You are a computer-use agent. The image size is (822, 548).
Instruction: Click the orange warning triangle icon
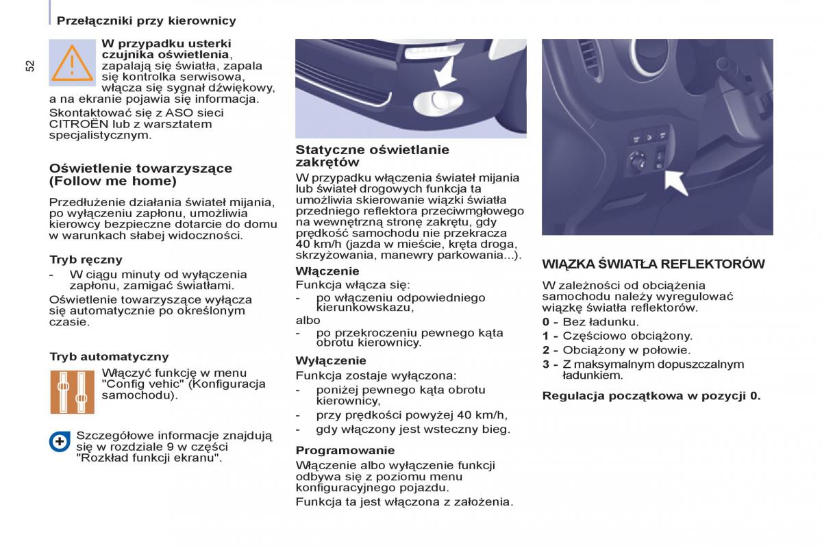[x=72, y=63]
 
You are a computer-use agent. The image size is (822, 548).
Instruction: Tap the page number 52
[x=29, y=65]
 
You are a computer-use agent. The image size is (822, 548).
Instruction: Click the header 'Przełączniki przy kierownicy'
[x=146, y=21]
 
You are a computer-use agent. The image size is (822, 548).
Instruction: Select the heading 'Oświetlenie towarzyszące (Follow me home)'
[x=140, y=175]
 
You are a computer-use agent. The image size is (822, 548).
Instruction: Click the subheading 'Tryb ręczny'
[x=86, y=260]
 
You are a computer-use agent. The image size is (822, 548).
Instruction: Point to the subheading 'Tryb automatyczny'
[x=109, y=356]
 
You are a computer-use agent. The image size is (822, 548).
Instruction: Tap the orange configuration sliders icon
[x=72, y=391]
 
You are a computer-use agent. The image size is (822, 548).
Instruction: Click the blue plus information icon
[x=60, y=441]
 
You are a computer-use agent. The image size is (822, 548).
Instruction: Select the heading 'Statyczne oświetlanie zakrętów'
[x=372, y=155]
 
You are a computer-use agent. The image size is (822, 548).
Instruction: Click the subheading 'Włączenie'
[x=327, y=271]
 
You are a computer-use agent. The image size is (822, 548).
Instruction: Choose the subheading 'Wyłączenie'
[x=330, y=360]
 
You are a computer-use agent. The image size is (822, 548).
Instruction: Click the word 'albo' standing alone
[x=308, y=320]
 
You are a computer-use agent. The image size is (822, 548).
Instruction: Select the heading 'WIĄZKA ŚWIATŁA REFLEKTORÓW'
[x=653, y=264]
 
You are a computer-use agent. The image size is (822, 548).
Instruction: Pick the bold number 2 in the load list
[x=546, y=350]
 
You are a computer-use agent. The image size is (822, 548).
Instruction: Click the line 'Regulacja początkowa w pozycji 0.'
[x=651, y=396]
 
